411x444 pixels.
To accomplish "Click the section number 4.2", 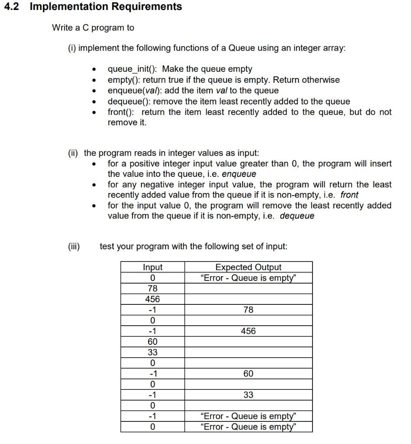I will [x=12, y=7].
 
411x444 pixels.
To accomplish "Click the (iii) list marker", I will [x=74, y=246].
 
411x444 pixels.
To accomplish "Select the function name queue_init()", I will [x=133, y=69].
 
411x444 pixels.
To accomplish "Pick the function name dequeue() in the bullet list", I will [x=129, y=101].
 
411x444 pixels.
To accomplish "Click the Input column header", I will [x=153, y=268].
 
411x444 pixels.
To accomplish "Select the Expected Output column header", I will [x=248, y=268].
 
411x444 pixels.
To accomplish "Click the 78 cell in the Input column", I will [x=153, y=288].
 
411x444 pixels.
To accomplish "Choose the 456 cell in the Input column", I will [x=153, y=299].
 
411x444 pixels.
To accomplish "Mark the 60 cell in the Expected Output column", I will [x=248, y=373].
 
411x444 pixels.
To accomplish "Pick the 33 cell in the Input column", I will [x=153, y=352].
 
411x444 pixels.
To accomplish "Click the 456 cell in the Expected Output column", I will [x=248, y=331].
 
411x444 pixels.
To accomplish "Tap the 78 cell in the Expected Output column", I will [x=248, y=310].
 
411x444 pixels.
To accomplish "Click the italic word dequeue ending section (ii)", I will [x=297, y=215].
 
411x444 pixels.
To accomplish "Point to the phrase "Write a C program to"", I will [x=93, y=28].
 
